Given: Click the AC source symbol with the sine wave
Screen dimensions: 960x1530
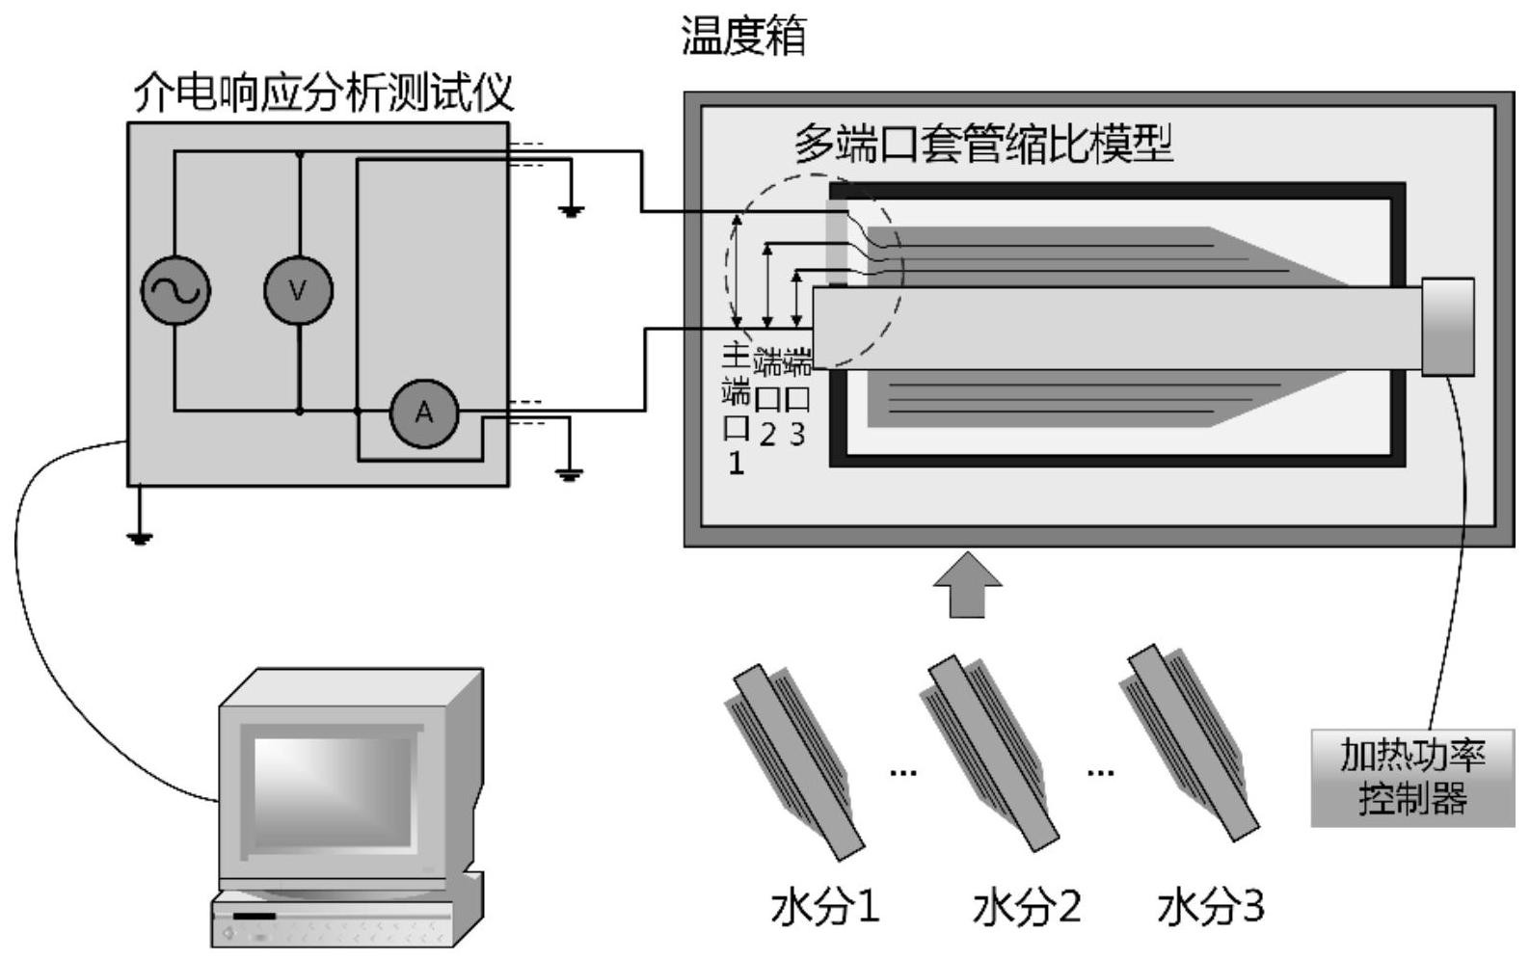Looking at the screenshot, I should pyautogui.click(x=175, y=290).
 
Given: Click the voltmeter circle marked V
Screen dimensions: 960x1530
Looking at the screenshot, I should pyautogui.click(x=298, y=290).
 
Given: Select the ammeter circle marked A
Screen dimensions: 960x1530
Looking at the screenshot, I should pyautogui.click(x=423, y=413).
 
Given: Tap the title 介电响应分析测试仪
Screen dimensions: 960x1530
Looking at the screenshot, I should pyautogui.click(x=323, y=93).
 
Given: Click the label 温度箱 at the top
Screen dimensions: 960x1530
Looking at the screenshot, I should pyautogui.click(x=743, y=37).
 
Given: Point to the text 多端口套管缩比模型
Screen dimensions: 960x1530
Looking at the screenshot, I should pyautogui.click(x=983, y=145).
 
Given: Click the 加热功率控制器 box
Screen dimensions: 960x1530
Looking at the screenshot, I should pyautogui.click(x=1412, y=778).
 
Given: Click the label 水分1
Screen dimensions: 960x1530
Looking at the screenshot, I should pyautogui.click(x=825, y=907).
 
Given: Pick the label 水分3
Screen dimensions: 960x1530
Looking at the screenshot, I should pyautogui.click(x=1210, y=907).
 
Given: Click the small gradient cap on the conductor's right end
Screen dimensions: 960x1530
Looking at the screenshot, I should pyautogui.click(x=1448, y=326).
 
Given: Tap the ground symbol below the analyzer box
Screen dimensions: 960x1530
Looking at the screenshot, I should pyautogui.click(x=140, y=536).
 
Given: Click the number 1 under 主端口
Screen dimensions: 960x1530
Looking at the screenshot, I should pyautogui.click(x=736, y=464).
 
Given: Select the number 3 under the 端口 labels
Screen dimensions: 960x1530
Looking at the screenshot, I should pyautogui.click(x=797, y=435).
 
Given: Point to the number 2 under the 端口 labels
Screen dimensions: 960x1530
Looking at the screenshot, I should pyautogui.click(x=767, y=436).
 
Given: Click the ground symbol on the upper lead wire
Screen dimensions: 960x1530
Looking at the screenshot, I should pyautogui.click(x=572, y=210).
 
